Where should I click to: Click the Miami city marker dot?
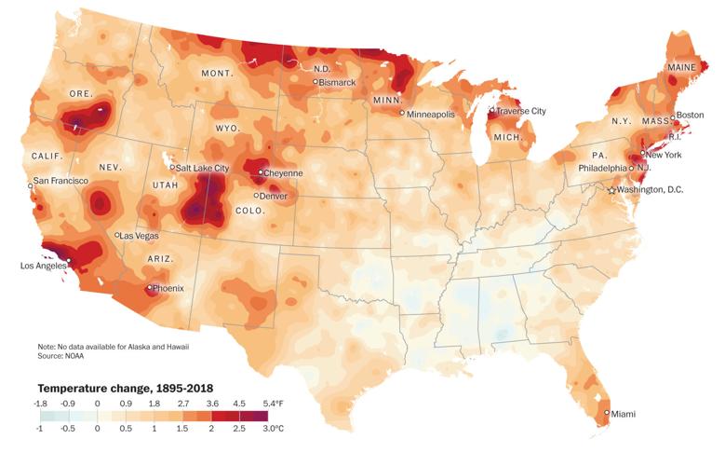pos(607,413)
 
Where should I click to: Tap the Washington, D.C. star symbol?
pos(611,190)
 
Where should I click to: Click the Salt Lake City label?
pos(203,168)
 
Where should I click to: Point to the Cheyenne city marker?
pos(260,173)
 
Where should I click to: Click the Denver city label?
pos(275,196)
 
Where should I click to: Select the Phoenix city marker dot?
pos(150,288)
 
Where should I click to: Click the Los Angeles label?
pos(44,266)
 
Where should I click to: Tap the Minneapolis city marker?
pos(402,114)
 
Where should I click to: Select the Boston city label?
pos(690,116)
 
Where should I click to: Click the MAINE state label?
pos(683,68)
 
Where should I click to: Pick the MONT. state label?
pos(217,73)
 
